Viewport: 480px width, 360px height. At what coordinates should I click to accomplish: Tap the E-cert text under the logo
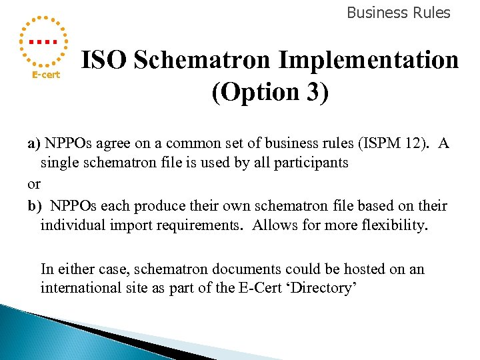click(x=47, y=75)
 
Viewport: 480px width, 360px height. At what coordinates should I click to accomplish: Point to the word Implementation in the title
click(x=369, y=61)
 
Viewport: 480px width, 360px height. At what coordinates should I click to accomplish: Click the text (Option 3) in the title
click(x=270, y=92)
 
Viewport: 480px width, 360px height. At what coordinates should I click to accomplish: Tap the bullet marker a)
click(x=33, y=144)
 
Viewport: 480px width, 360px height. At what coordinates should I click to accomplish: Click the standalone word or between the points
click(x=34, y=184)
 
